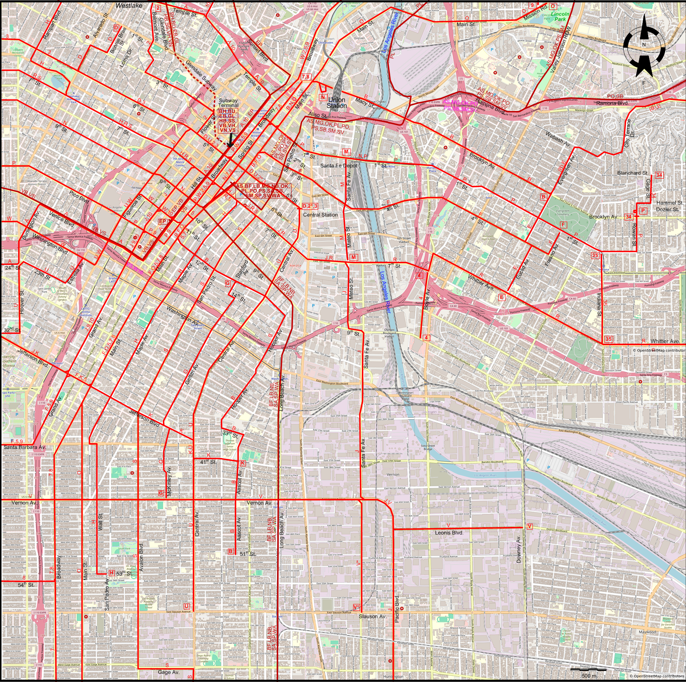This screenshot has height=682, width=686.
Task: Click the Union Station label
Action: click(336, 103)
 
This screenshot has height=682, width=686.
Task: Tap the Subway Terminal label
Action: click(229, 103)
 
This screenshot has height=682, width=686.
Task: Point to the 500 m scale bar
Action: click(589, 674)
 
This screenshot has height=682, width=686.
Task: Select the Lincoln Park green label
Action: click(560, 16)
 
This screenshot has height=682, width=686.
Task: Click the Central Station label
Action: click(320, 215)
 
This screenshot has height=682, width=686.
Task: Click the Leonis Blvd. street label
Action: click(449, 533)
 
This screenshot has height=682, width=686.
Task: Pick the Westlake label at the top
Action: click(129, 6)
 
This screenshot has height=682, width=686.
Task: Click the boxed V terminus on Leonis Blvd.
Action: click(529, 527)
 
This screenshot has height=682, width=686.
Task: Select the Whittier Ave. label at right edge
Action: click(665, 341)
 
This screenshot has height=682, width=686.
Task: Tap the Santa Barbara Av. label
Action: click(24, 447)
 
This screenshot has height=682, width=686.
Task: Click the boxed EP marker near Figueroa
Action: click(162, 222)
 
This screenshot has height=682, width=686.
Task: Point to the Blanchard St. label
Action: click(633, 173)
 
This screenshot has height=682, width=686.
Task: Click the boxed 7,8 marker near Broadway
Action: click(306, 77)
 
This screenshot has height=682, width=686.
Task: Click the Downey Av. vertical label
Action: click(518, 549)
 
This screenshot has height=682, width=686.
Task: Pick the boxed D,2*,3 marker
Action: click(310, 206)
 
